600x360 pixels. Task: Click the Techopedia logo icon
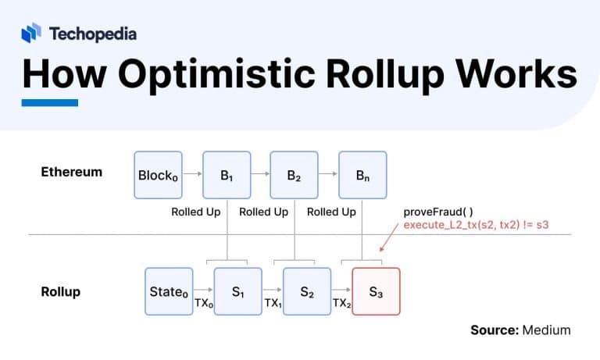click(31, 33)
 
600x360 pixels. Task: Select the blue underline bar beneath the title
click(49, 103)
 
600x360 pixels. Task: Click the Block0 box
click(159, 175)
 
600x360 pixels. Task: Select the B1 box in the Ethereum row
click(227, 175)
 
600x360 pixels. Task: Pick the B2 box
click(294, 175)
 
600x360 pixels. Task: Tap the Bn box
click(362, 175)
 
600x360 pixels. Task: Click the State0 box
click(169, 291)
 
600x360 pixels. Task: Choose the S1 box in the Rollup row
click(238, 291)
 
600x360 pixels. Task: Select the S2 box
click(307, 291)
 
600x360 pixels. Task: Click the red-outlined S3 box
click(376, 291)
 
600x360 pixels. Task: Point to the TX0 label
click(203, 302)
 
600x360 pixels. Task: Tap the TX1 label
click(272, 302)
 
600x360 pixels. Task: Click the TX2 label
click(341, 302)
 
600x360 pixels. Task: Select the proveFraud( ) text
click(437, 212)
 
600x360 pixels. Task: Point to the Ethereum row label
click(71, 172)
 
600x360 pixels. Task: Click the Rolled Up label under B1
click(196, 212)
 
